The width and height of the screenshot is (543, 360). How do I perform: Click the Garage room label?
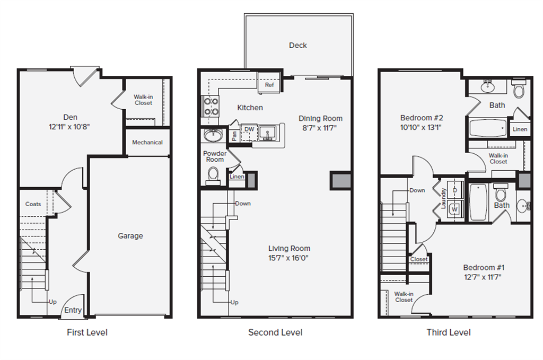(130, 236)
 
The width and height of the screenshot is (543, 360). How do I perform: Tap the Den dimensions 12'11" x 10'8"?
(71, 127)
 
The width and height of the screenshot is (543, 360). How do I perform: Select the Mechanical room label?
(147, 142)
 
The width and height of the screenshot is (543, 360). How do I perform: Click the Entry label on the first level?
(73, 310)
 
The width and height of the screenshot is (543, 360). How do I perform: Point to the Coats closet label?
(33, 204)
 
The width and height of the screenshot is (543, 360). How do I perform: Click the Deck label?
(298, 46)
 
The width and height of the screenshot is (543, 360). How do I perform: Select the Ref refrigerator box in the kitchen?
(269, 85)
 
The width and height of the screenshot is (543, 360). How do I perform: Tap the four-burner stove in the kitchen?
(211, 107)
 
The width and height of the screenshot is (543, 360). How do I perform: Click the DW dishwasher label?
(249, 129)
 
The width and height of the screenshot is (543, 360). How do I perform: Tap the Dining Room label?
(320, 118)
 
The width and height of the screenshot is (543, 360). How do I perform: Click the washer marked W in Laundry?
(454, 209)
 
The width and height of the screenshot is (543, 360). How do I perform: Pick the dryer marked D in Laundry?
(454, 189)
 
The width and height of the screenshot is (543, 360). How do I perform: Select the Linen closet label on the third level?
(520, 129)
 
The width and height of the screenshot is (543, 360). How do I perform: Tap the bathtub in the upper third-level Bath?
(488, 128)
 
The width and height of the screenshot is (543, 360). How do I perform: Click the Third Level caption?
(449, 332)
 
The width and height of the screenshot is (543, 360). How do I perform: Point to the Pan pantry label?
(234, 135)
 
